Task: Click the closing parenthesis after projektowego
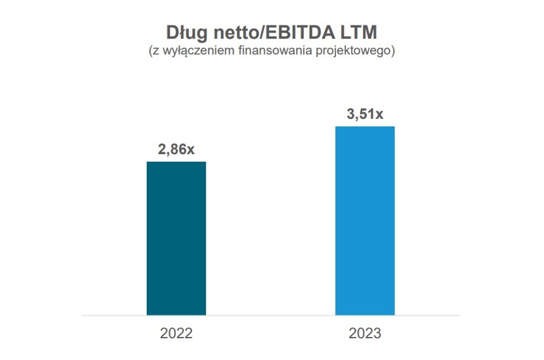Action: tap(392, 51)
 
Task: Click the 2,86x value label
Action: tap(176, 150)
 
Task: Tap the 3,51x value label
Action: tap(365, 114)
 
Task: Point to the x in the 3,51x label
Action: tap(379, 115)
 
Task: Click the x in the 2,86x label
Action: tap(190, 150)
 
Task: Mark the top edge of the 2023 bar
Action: tap(365, 127)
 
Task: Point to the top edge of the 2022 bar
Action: tap(176, 162)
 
